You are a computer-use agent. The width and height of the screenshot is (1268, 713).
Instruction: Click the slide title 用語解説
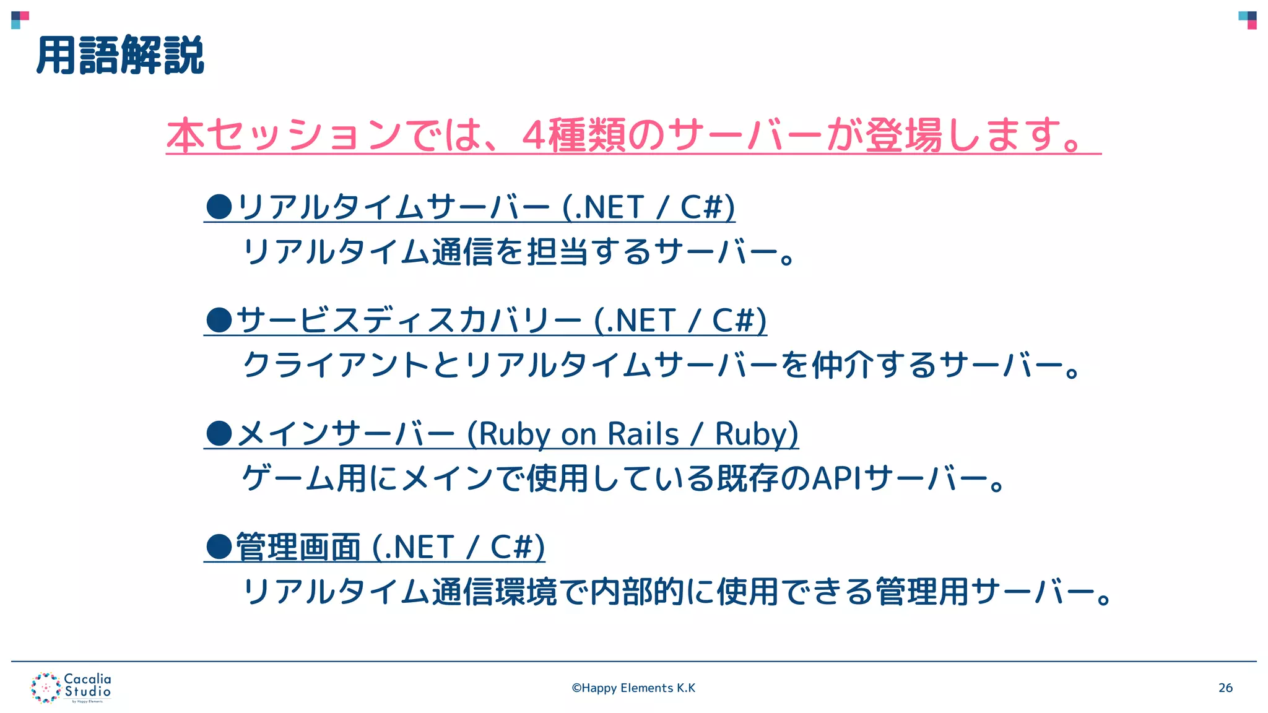[x=120, y=56]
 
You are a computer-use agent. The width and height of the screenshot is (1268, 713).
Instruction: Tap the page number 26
[x=1225, y=688]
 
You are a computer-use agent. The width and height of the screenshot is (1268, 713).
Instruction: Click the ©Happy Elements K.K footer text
[x=633, y=688]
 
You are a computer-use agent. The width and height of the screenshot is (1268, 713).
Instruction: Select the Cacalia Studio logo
[x=71, y=688]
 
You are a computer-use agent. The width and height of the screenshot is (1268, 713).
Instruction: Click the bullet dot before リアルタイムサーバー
[x=219, y=207]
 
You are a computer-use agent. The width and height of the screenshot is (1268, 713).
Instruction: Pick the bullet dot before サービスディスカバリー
[x=219, y=320]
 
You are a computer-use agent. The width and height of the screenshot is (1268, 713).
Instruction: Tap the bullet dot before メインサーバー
[x=219, y=433]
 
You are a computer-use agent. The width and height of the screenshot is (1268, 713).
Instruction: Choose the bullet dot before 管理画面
[x=219, y=547]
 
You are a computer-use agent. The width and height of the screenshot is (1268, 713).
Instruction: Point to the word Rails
[x=643, y=433]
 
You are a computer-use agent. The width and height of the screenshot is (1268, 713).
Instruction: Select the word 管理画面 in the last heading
[x=298, y=547]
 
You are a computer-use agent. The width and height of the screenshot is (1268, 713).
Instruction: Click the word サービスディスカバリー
[x=409, y=320]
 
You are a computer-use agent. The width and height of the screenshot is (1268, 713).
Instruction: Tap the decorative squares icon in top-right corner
[x=1248, y=20]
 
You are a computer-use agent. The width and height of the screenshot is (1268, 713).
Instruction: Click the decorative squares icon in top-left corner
[x=20, y=20]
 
